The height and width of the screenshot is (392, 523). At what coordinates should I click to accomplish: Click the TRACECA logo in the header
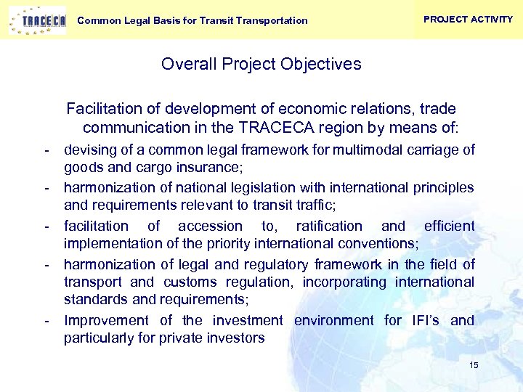[x=37, y=20]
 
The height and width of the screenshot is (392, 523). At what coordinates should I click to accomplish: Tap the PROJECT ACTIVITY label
[x=468, y=20]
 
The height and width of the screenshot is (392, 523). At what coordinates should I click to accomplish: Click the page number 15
[x=474, y=365]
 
